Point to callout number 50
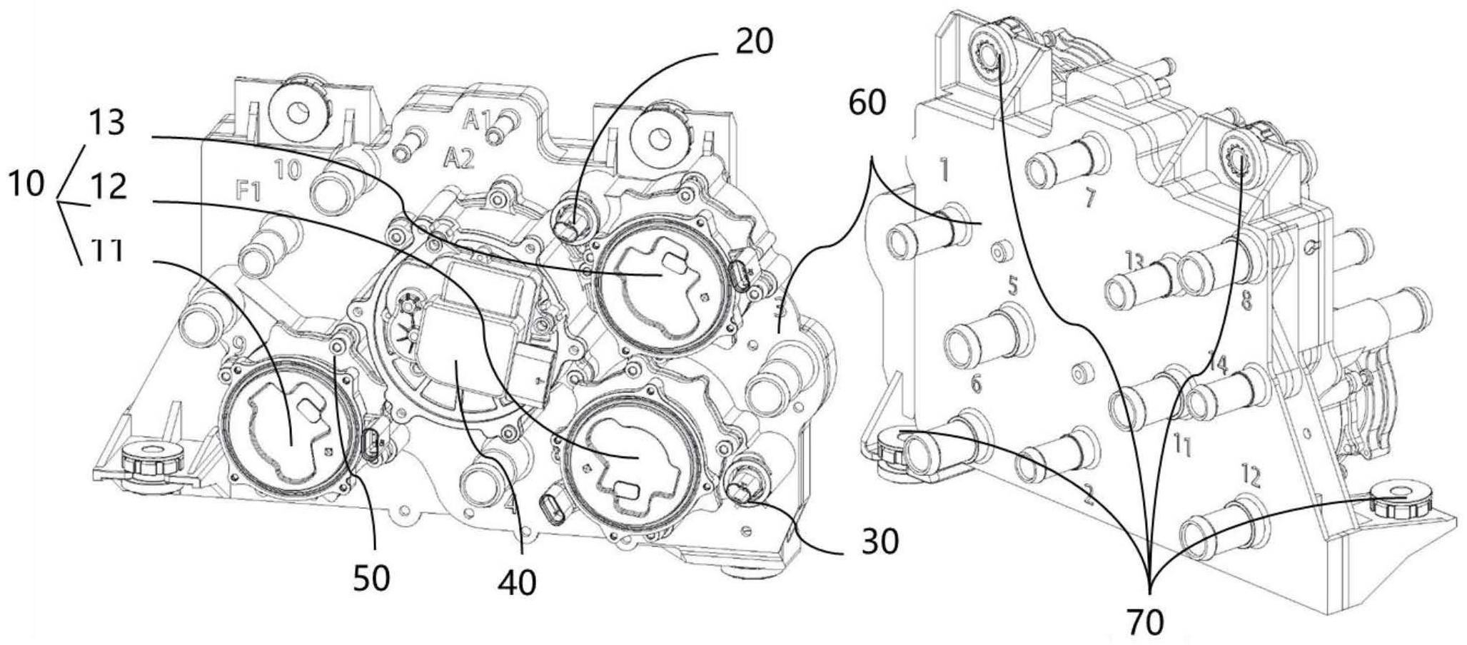(373, 577)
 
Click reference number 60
(867, 103)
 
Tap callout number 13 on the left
(107, 123)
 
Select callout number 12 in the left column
(109, 187)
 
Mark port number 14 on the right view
(1218, 365)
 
